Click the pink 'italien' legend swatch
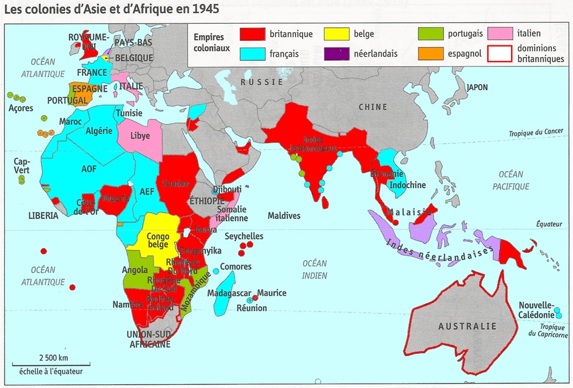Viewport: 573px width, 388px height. coord(501,34)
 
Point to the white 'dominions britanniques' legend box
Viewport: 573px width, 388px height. coord(501,54)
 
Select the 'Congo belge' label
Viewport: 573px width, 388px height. coord(158,240)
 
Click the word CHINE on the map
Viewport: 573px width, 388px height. coord(372,107)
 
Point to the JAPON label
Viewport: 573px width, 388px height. coord(477,87)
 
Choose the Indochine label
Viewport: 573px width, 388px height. coord(408,185)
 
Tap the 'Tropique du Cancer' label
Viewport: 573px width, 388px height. coord(536,131)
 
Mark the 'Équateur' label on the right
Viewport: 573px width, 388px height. coord(549,224)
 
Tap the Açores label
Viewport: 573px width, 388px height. coord(21,108)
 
